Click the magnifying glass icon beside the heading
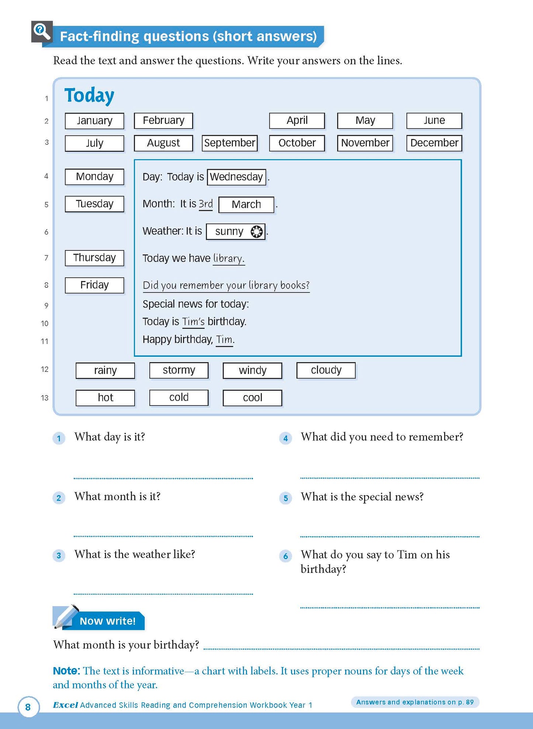(x=41, y=32)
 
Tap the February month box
(x=163, y=121)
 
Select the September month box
(x=229, y=143)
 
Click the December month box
(x=434, y=143)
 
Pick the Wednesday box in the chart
(x=236, y=177)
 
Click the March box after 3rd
(x=246, y=204)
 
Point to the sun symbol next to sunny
(x=256, y=232)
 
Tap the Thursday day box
(x=94, y=258)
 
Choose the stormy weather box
(x=179, y=370)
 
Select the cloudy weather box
(x=326, y=370)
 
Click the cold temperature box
(x=179, y=398)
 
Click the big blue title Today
(x=89, y=96)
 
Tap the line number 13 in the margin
(x=45, y=398)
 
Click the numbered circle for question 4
(x=285, y=438)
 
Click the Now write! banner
(x=107, y=621)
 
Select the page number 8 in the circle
(x=28, y=707)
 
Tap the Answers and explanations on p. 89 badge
(x=415, y=702)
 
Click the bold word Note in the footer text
(x=66, y=671)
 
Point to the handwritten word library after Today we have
(x=228, y=259)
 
